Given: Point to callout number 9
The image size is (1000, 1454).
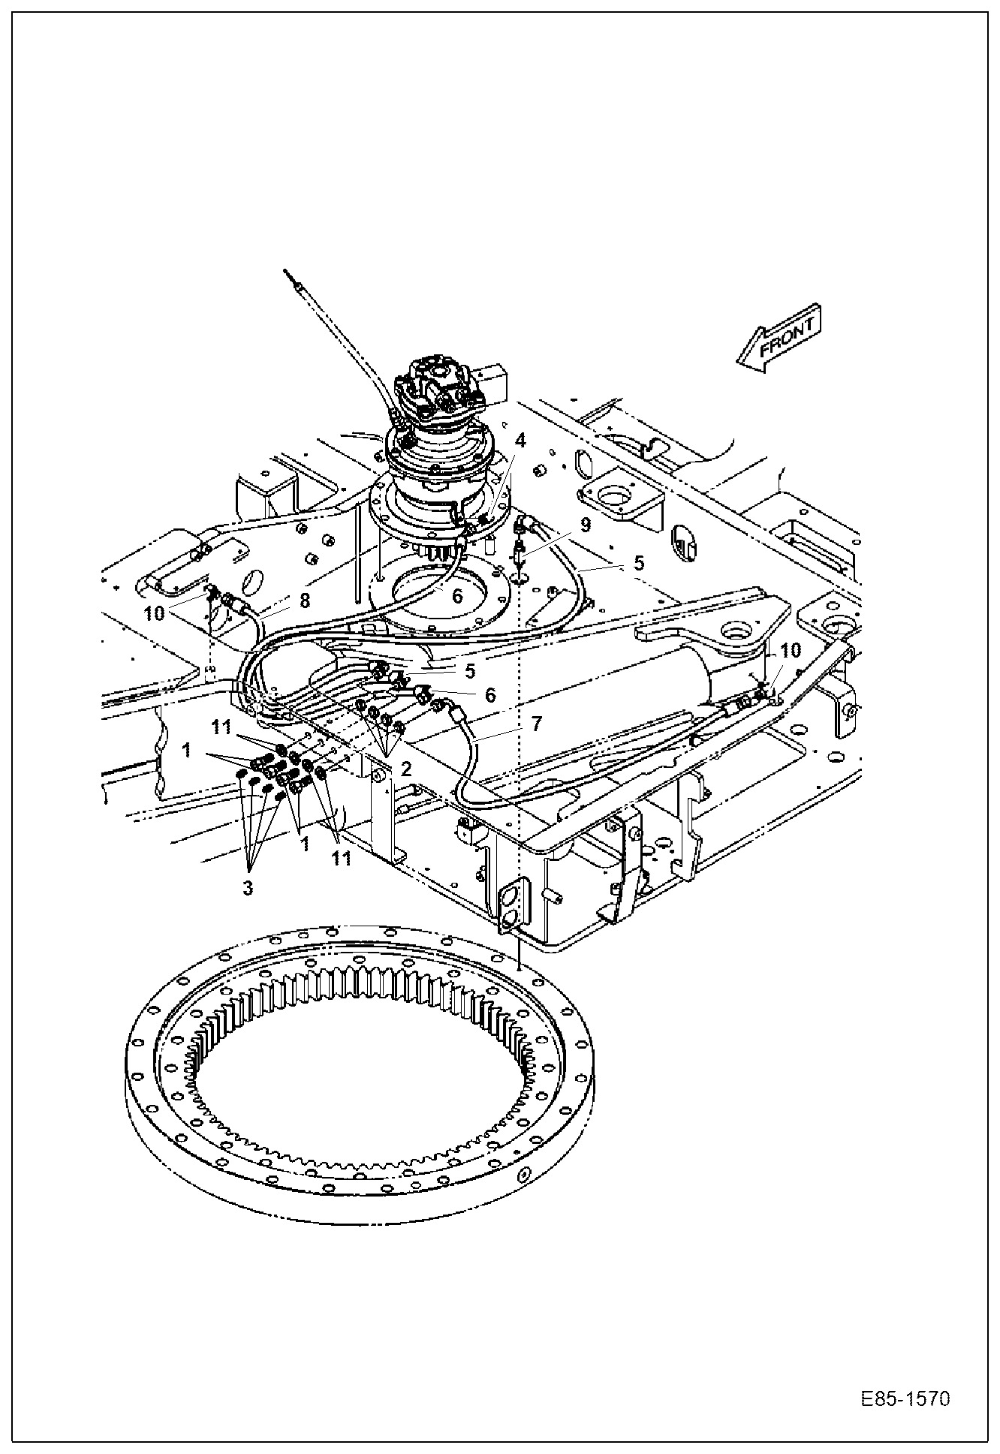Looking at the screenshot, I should click(x=585, y=524).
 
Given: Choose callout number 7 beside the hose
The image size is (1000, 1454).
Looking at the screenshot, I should click(x=536, y=724).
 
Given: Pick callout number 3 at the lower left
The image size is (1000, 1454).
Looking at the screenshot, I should click(x=247, y=888).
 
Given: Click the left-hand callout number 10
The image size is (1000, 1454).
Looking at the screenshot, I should click(x=154, y=613).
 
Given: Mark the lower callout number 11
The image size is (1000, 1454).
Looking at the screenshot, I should click(x=342, y=859).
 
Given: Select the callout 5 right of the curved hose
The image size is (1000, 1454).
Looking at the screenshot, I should click(x=638, y=563).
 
